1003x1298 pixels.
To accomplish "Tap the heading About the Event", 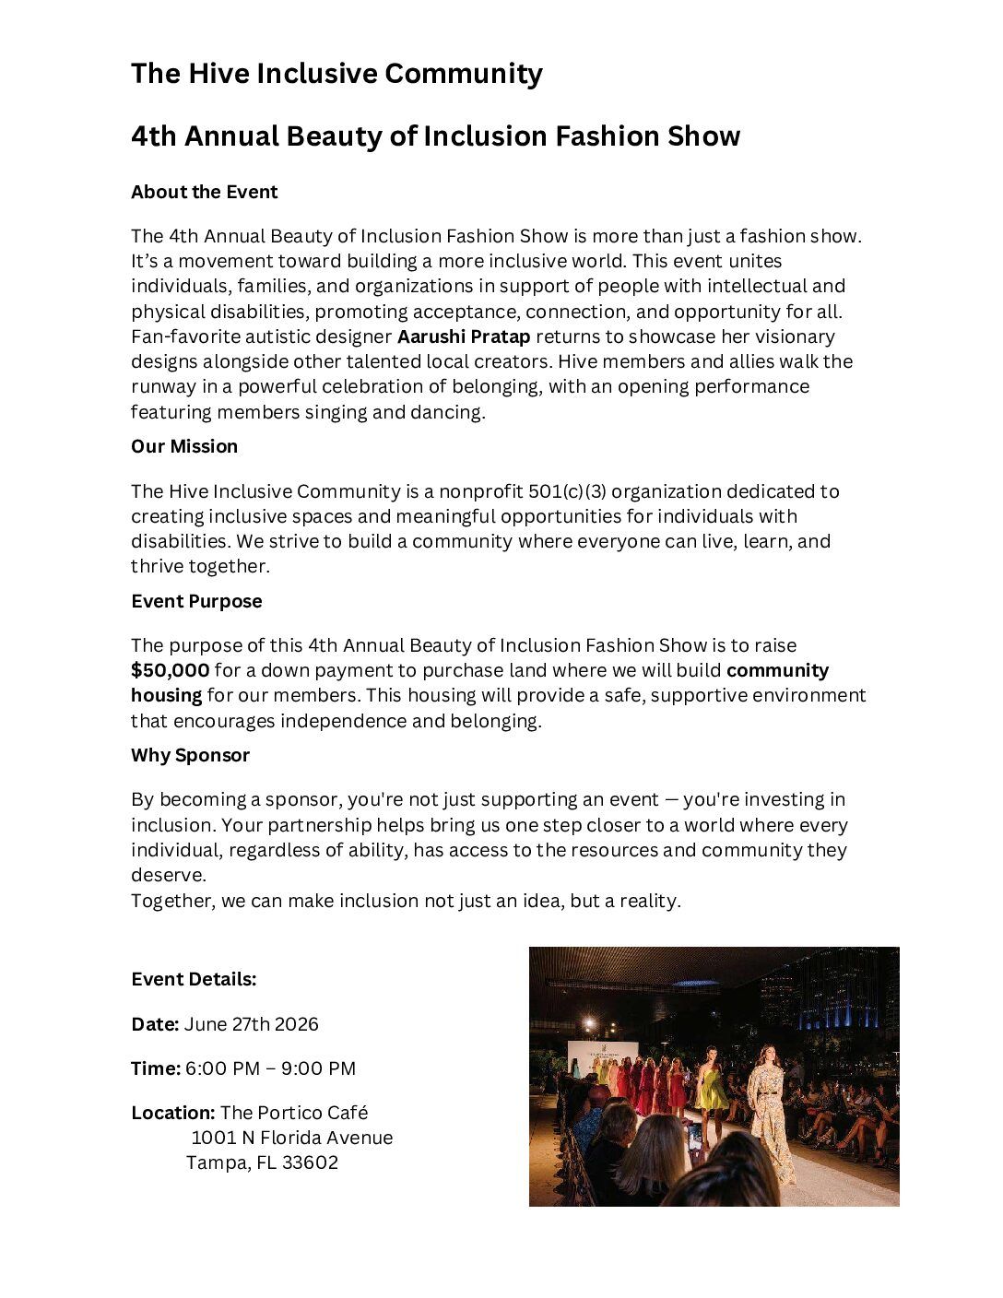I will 204,192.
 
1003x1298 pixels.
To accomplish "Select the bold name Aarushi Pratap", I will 464,336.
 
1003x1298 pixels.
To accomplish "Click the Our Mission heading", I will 184,446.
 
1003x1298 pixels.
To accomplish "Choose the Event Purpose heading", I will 196,601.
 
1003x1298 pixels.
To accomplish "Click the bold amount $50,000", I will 170,670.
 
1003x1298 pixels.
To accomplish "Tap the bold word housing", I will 166,695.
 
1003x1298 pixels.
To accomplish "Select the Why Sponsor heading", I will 190,755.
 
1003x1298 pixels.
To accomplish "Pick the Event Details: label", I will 194,979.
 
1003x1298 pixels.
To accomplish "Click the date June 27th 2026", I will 252,1024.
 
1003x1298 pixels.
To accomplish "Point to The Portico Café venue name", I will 294,1113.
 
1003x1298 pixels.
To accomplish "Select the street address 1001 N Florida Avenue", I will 291,1138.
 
